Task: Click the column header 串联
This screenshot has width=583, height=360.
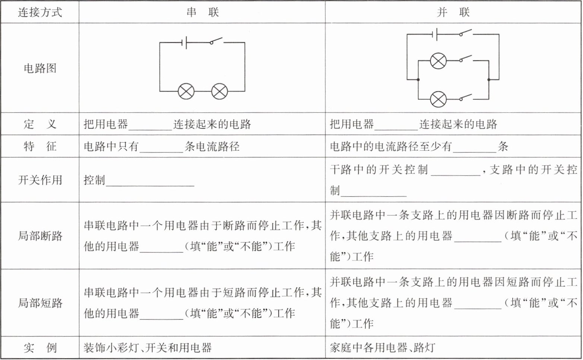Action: (x=202, y=12)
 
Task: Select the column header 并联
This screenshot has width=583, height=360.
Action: (x=453, y=12)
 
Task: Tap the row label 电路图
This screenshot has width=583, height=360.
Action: (x=40, y=68)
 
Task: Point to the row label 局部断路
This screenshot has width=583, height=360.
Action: (x=40, y=236)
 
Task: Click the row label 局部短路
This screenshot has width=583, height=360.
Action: (x=40, y=303)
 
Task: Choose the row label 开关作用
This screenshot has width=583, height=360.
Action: (x=40, y=180)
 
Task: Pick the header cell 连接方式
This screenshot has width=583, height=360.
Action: (x=40, y=12)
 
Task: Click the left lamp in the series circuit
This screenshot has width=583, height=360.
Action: (x=186, y=91)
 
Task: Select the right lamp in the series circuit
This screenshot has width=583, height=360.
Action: (x=219, y=91)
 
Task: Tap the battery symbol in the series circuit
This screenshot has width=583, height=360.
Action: (x=184, y=43)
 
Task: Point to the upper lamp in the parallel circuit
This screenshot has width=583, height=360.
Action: (x=438, y=61)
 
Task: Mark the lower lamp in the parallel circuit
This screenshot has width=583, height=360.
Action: (x=438, y=99)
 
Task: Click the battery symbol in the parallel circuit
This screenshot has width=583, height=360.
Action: (x=434, y=34)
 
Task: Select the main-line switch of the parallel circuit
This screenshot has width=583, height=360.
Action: (x=466, y=33)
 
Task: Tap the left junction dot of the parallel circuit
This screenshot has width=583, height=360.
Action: (x=418, y=80)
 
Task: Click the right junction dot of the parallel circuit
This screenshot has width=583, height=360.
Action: (x=488, y=80)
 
